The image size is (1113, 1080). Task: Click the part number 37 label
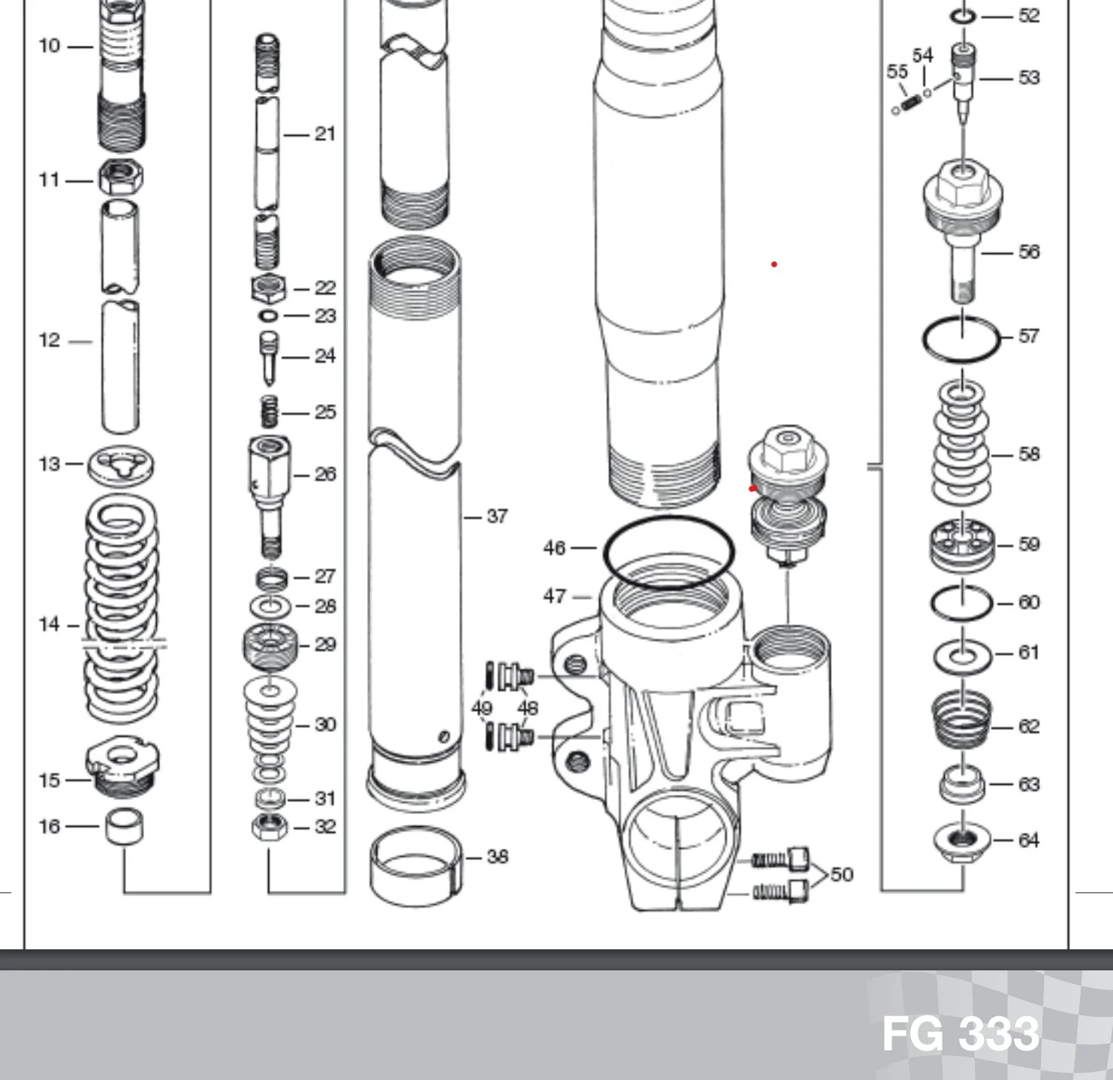click(x=497, y=517)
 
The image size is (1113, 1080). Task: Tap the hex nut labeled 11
click(x=121, y=179)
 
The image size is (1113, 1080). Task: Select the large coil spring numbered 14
click(x=122, y=608)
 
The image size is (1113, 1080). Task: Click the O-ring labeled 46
click(x=668, y=552)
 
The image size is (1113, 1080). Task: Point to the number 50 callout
click(x=842, y=875)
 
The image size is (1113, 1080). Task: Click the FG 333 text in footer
click(x=961, y=1034)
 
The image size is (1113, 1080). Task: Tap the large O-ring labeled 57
click(x=962, y=339)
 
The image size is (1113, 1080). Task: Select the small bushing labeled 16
click(x=124, y=826)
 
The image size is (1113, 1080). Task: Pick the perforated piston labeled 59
click(x=961, y=545)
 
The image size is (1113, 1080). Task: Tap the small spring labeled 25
click(x=269, y=412)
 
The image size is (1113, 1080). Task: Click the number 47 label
click(x=554, y=596)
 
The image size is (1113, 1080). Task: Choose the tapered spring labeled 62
click(x=961, y=719)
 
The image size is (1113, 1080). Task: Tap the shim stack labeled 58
click(x=961, y=443)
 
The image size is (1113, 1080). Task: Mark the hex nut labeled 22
click(x=268, y=287)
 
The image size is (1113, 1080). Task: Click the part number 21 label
click(x=324, y=134)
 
